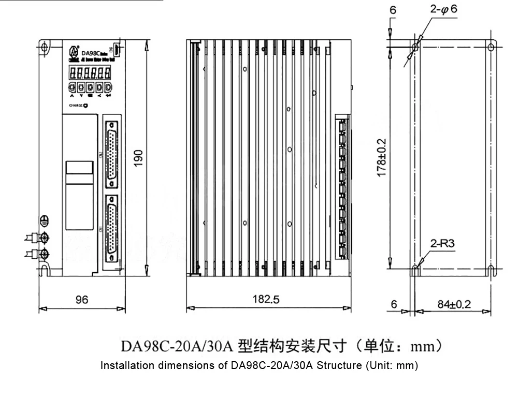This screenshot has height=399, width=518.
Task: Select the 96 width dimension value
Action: click(x=81, y=300)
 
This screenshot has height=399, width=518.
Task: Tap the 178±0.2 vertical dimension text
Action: click(x=382, y=158)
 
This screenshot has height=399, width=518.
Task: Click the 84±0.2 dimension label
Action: click(x=454, y=304)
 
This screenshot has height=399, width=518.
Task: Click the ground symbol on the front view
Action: click(x=45, y=220)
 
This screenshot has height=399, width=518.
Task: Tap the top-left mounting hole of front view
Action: click(x=45, y=49)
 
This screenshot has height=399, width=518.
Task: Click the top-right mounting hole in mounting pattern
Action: click(x=491, y=47)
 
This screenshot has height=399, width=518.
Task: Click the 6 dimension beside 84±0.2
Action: click(x=394, y=304)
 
